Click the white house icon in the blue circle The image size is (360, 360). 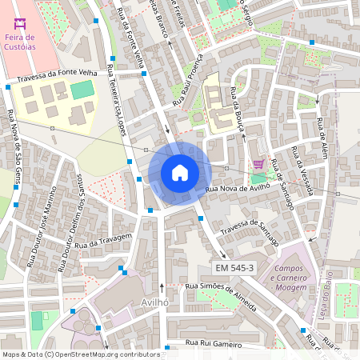(180, 173)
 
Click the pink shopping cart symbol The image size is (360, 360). (258, 164)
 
